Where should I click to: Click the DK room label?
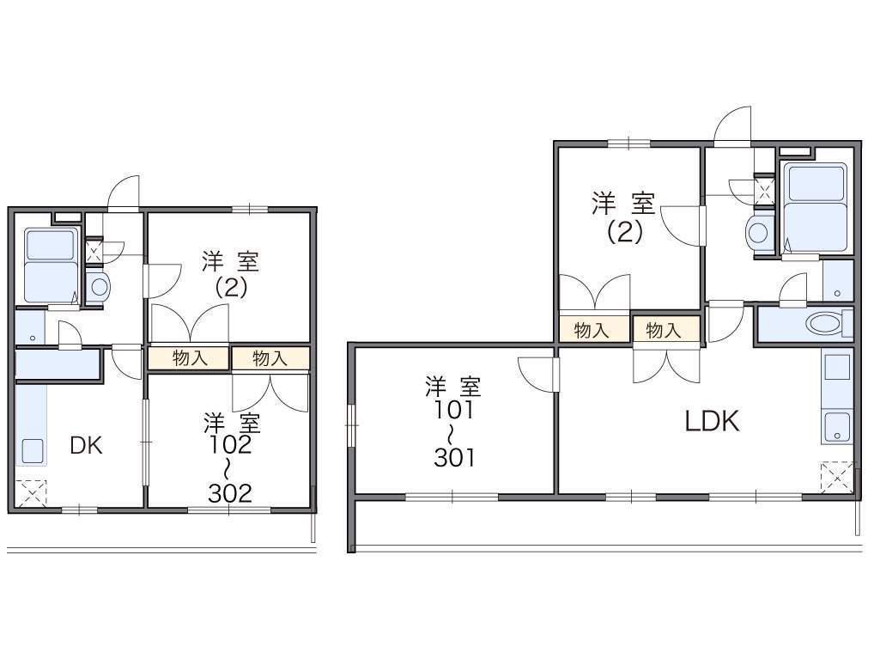click(87, 446)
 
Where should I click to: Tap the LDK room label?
click(712, 421)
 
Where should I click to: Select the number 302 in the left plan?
click(230, 493)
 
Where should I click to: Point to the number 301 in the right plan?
click(455, 458)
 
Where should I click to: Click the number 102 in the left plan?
click(230, 445)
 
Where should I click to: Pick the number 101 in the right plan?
click(454, 411)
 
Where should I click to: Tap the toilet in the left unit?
click(99, 287)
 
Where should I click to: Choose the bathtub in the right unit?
click(816, 208)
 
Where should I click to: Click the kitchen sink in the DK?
click(33, 449)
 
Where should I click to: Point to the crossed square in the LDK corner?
click(837, 477)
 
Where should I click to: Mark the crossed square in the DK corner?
click(31, 492)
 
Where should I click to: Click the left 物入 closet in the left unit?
click(189, 358)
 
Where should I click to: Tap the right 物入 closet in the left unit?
click(270, 358)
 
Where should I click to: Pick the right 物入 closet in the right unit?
click(665, 330)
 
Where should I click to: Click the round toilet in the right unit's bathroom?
click(758, 231)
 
